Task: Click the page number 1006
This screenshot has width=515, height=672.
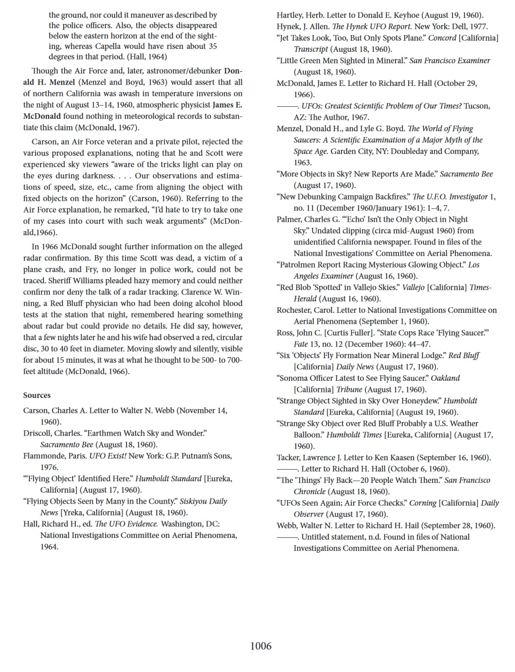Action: [261, 646]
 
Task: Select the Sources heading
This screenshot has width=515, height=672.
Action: [37, 395]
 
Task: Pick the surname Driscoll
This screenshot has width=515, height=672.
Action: [37, 433]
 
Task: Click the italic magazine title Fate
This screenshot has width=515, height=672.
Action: [300, 344]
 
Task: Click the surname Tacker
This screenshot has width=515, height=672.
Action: [288, 458]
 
